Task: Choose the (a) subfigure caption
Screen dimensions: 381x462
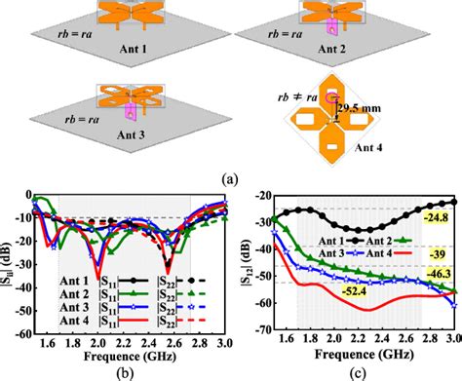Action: coord(230,177)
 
